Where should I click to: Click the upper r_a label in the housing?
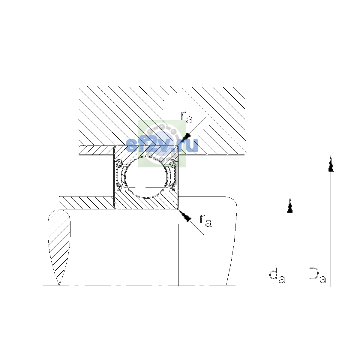(x=187, y=118)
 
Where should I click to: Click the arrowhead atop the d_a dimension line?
(x=290, y=205)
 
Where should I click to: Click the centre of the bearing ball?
(x=146, y=177)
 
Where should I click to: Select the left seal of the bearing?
(x=118, y=175)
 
